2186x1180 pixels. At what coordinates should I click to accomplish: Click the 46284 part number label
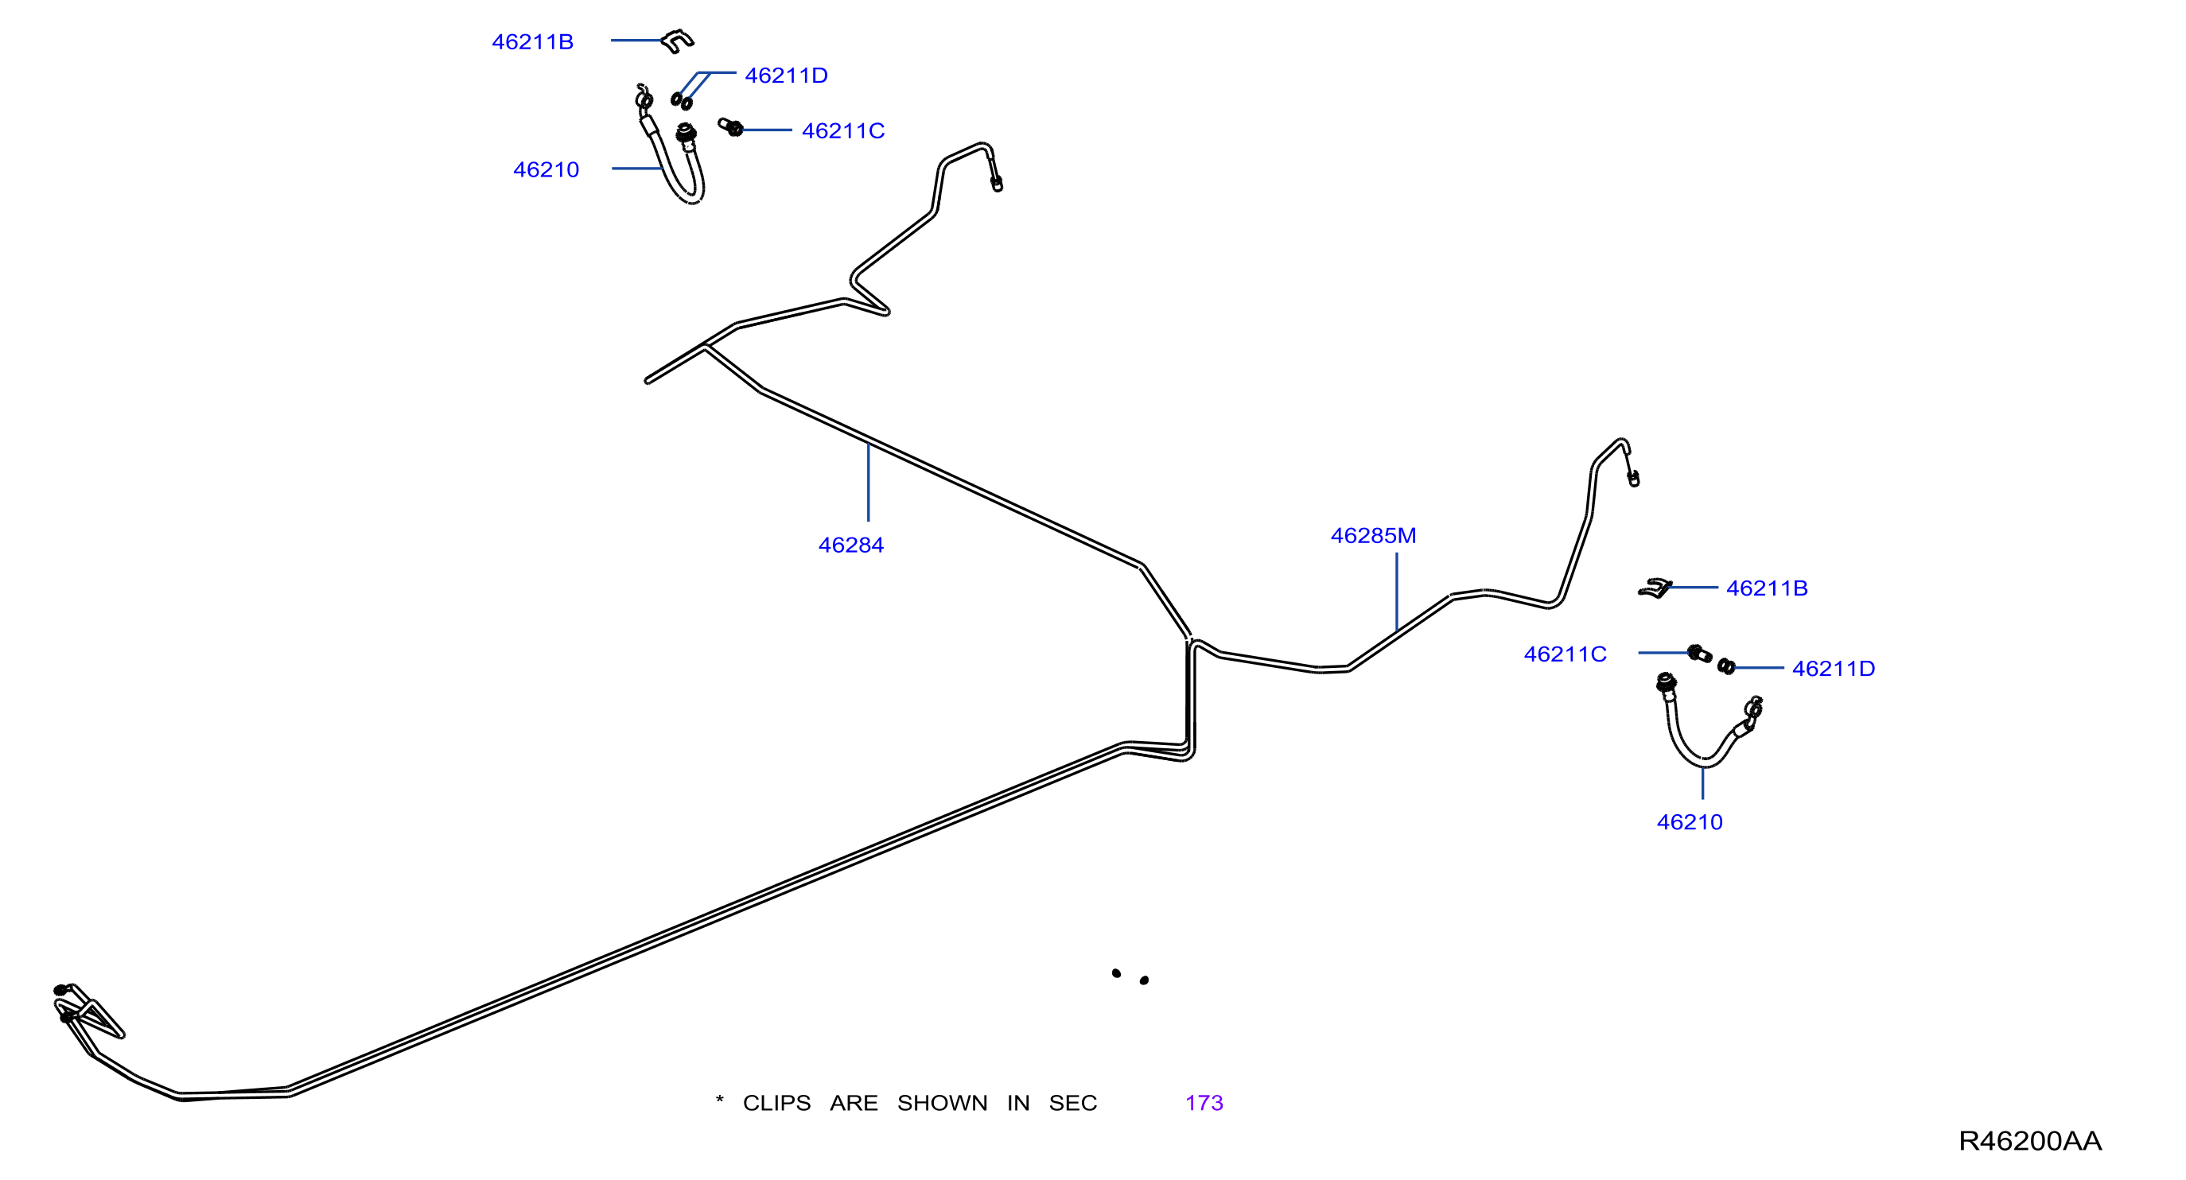tap(850, 545)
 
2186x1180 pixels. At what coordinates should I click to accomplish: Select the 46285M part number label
tap(1373, 536)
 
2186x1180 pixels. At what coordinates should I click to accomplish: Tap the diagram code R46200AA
tap(2030, 1141)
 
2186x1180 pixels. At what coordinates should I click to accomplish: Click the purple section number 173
tap(1204, 1103)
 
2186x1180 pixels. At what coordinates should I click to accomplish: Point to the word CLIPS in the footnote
tap(776, 1103)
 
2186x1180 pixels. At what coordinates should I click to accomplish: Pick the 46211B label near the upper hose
tap(533, 41)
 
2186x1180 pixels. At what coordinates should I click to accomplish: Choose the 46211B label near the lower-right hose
tap(1767, 588)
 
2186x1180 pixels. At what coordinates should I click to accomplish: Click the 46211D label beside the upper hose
tap(786, 76)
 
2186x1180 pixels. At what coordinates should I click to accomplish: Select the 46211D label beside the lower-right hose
tap(1833, 669)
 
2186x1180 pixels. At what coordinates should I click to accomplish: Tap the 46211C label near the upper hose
tap(842, 130)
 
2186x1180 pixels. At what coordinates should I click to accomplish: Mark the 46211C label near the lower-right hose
tap(1565, 654)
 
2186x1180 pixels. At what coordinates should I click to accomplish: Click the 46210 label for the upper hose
tap(546, 169)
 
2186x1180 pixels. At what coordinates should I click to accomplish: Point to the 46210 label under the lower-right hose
tap(1690, 822)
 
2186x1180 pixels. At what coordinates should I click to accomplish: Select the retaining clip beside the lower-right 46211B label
tap(1655, 588)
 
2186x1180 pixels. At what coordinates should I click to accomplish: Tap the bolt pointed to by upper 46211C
tap(730, 127)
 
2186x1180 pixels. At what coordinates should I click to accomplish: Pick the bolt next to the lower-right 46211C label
tap(1700, 653)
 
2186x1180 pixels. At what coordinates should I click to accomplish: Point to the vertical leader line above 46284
tap(868, 482)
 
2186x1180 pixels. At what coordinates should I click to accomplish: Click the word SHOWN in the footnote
tap(942, 1103)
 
